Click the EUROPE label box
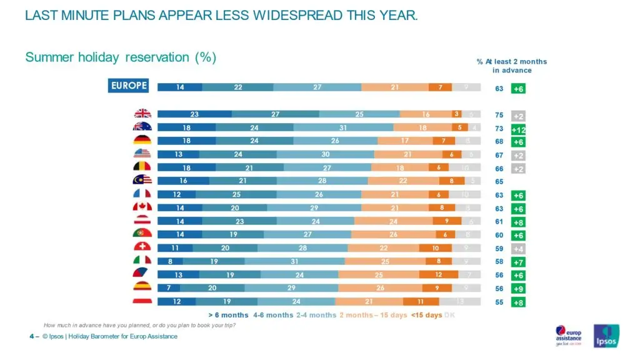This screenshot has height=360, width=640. (129, 86)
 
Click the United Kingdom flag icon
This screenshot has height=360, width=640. (142, 114)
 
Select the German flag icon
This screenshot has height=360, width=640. (142, 140)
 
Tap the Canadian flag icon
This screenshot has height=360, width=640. (142, 207)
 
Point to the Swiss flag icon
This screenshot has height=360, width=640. (142, 247)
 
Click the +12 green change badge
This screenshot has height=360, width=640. (518, 129)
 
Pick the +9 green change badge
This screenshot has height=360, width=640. (518, 289)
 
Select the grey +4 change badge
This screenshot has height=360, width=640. (518, 249)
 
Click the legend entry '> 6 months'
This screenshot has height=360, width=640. (228, 315)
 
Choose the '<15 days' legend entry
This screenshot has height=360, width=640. (426, 315)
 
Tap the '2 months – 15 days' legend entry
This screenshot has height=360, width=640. (373, 315)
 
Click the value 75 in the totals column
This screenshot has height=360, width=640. (499, 116)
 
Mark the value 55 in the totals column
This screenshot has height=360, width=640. (499, 302)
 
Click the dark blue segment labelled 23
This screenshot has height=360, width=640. (194, 114)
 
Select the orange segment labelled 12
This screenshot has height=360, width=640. (439, 274)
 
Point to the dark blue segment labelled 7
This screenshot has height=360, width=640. (169, 288)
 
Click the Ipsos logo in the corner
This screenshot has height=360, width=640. (606, 335)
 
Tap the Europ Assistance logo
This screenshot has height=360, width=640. (569, 336)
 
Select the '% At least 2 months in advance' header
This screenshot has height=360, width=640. (511, 66)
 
